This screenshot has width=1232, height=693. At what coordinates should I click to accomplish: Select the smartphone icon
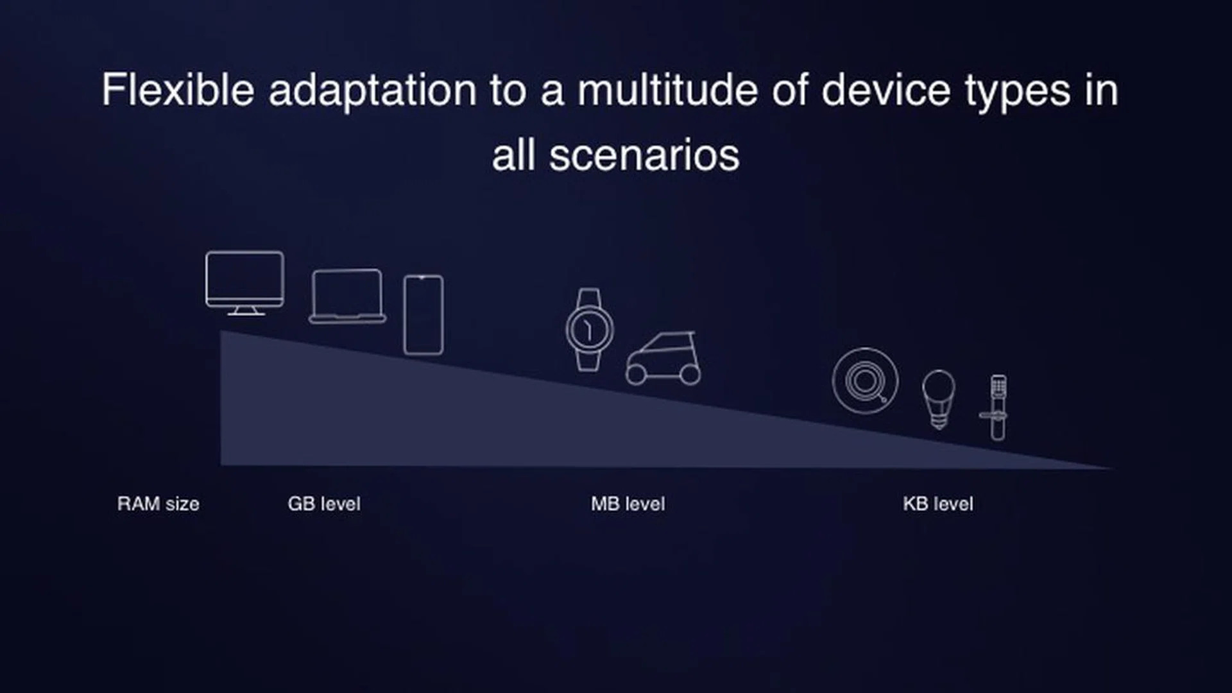point(423,314)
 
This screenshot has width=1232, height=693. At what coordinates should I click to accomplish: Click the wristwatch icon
point(589,329)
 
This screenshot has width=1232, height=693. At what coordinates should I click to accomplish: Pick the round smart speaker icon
point(864,381)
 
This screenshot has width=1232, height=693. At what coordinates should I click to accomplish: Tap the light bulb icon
point(938,398)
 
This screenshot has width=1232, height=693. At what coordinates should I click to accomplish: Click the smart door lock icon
point(997,407)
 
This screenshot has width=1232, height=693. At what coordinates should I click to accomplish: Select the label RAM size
point(158,504)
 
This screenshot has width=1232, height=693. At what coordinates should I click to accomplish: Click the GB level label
point(324,504)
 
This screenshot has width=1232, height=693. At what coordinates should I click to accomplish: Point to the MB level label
point(628,504)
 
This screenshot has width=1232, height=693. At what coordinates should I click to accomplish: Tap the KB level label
point(937,504)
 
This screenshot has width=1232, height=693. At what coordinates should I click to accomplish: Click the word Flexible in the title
point(178,90)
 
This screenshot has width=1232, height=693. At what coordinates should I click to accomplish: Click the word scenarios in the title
point(644,156)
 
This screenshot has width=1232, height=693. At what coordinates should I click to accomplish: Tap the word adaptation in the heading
point(372,90)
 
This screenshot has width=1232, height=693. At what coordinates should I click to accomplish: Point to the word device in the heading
point(886,90)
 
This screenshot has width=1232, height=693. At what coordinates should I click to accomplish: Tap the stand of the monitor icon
point(245,311)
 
